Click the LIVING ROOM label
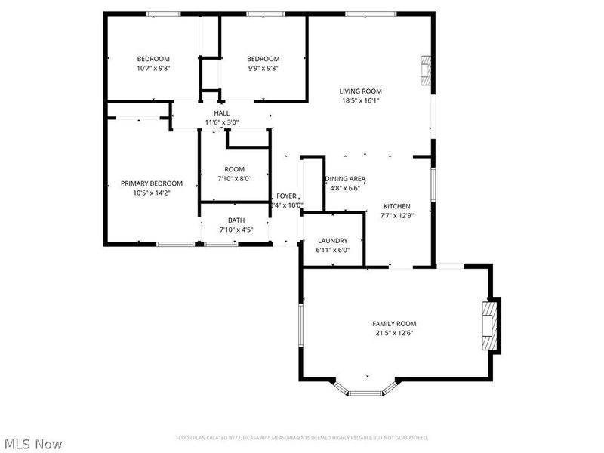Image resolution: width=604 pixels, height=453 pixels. pyautogui.click(x=359, y=91)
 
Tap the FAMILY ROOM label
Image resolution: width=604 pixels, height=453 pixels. pyautogui.click(x=394, y=323)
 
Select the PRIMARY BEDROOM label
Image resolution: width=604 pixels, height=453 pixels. pyautogui.click(x=152, y=183)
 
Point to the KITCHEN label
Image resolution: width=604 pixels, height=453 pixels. pyautogui.click(x=396, y=206)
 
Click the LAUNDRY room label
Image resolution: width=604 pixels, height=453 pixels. pyautogui.click(x=332, y=240)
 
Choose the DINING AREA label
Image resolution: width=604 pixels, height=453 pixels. pyautogui.click(x=346, y=179)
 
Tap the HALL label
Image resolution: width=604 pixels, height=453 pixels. pyautogui.click(x=221, y=113)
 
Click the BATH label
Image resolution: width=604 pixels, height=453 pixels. pyautogui.click(x=236, y=220)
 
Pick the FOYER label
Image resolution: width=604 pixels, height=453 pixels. pyautogui.click(x=286, y=196)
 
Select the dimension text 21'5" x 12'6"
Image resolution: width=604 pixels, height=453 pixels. pyautogui.click(x=394, y=333)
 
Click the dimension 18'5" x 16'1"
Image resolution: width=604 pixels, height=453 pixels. pyautogui.click(x=359, y=100)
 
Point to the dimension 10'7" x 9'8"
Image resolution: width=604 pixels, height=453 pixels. pyautogui.click(x=153, y=69)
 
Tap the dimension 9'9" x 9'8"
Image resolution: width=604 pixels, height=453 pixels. pyautogui.click(x=263, y=69)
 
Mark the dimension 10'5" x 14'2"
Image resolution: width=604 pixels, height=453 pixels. pyautogui.click(x=152, y=193)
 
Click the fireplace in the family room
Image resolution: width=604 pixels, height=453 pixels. pyautogui.click(x=491, y=325)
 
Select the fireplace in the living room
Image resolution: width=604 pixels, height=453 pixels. pyautogui.click(x=427, y=72)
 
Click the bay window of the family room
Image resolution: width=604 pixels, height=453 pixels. pyautogui.click(x=367, y=390)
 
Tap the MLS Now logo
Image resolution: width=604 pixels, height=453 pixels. pyautogui.click(x=32, y=444)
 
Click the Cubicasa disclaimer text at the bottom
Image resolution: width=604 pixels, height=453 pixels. pyautogui.click(x=302, y=438)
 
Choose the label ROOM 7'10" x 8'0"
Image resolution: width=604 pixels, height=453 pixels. pyautogui.click(x=234, y=174)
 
